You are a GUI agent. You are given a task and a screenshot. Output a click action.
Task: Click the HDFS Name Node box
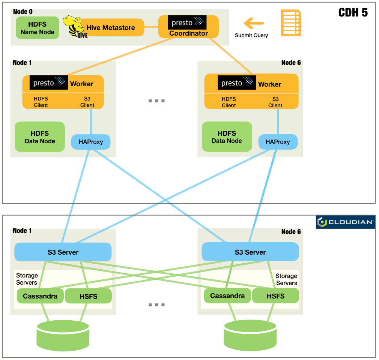point(38,28)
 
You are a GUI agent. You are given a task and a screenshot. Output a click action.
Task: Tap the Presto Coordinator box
point(188,27)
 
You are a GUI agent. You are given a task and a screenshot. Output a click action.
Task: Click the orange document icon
point(291,23)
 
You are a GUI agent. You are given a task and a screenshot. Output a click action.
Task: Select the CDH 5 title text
point(353,12)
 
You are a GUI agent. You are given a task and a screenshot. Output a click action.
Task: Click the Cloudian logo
point(345,222)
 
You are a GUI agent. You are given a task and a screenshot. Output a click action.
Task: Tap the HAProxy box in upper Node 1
point(91,142)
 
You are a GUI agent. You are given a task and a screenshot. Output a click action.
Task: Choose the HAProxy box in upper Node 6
point(278,142)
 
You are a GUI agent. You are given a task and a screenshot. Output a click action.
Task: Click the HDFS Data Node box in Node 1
point(40,137)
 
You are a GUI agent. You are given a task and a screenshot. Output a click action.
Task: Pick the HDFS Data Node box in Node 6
point(227,137)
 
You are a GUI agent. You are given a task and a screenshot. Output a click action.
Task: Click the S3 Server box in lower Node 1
point(63,252)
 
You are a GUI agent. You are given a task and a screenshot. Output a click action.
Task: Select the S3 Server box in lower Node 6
point(250,252)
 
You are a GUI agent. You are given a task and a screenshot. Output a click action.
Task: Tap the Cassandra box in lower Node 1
point(40,296)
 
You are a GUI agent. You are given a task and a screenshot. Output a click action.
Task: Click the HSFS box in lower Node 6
point(275,296)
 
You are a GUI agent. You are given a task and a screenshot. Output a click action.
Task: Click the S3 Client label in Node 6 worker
point(275,102)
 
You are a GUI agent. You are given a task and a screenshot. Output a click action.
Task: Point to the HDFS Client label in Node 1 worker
point(41,102)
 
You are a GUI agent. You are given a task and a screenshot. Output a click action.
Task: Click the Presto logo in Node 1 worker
point(49,83)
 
